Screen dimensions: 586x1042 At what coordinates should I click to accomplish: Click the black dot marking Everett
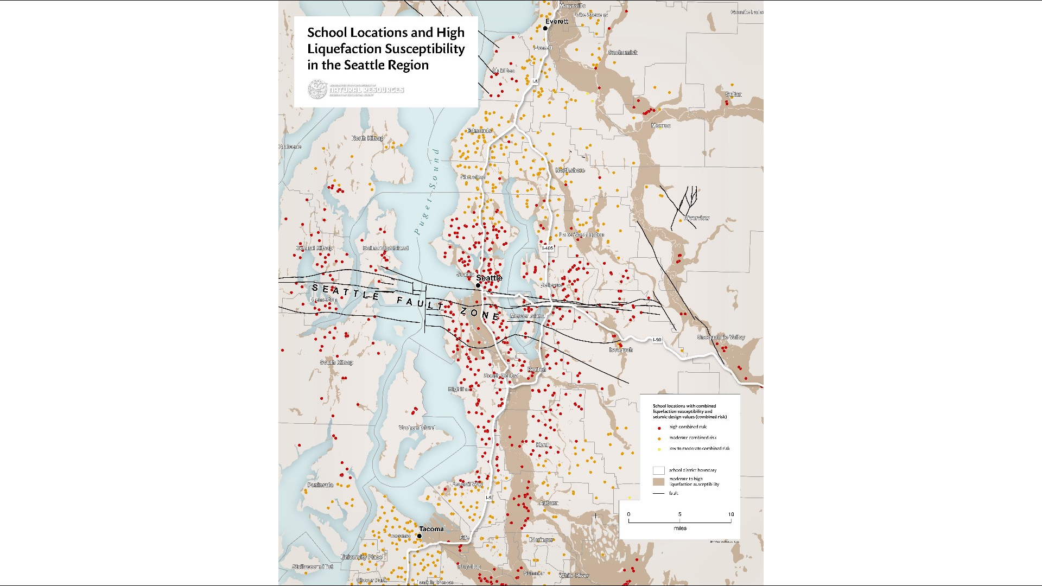545,28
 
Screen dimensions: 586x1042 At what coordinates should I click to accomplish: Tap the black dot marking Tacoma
419,536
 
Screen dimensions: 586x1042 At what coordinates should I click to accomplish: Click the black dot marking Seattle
478,285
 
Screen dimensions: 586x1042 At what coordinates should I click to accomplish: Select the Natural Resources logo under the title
356,90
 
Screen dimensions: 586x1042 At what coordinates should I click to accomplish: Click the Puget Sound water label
425,193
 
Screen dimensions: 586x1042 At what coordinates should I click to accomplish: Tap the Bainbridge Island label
385,248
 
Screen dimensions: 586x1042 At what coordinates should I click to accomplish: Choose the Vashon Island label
416,428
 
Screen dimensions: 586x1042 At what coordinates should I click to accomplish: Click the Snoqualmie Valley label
721,337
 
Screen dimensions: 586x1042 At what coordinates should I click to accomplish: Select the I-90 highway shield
657,340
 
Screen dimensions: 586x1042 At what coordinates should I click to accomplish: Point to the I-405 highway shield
548,249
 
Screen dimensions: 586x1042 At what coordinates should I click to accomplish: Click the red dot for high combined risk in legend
659,428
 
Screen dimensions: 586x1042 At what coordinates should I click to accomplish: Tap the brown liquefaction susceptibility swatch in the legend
658,482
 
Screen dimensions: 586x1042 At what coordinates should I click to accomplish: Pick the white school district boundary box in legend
658,470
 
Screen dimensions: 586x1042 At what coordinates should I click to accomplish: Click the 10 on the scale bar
730,514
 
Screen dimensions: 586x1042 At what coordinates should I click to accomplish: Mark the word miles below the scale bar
680,528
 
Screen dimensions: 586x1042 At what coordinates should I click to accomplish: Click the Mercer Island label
527,316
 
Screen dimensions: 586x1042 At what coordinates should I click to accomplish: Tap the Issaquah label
621,350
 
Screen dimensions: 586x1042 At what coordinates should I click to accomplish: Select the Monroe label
660,126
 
